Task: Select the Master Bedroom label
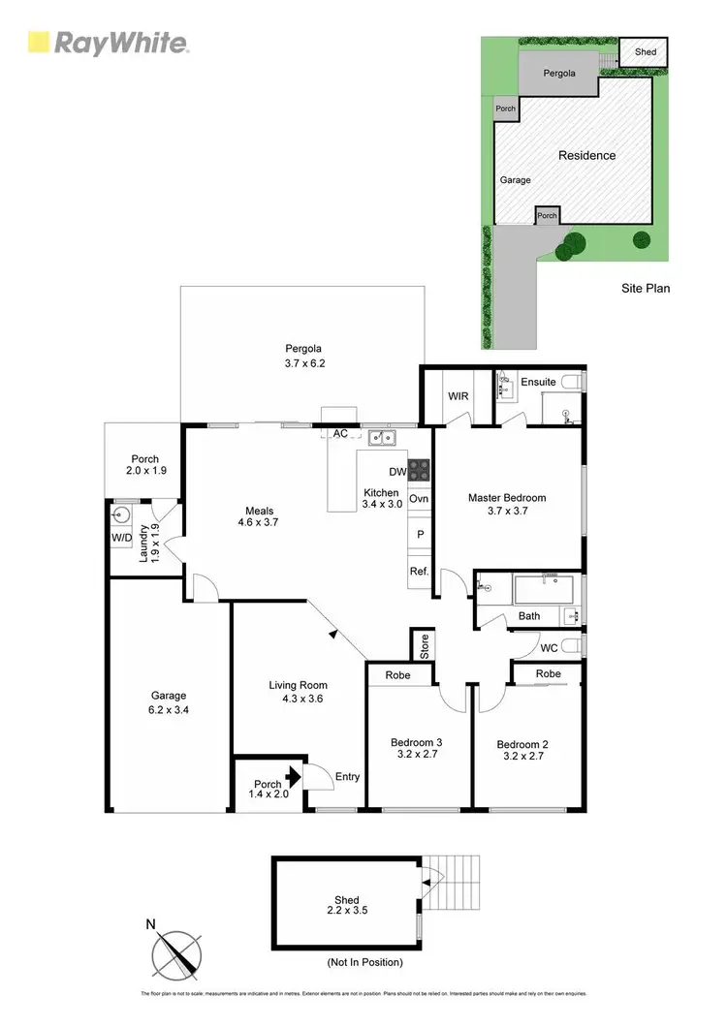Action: tap(507, 498)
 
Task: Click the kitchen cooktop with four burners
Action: tap(419, 470)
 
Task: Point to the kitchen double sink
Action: tap(381, 437)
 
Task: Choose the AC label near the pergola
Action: tap(340, 434)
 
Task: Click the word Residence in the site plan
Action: tap(586, 155)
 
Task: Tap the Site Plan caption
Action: tap(646, 288)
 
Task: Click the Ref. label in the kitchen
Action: tap(419, 572)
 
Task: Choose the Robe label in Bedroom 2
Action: tap(548, 673)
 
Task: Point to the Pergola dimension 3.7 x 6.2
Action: tap(301, 364)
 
